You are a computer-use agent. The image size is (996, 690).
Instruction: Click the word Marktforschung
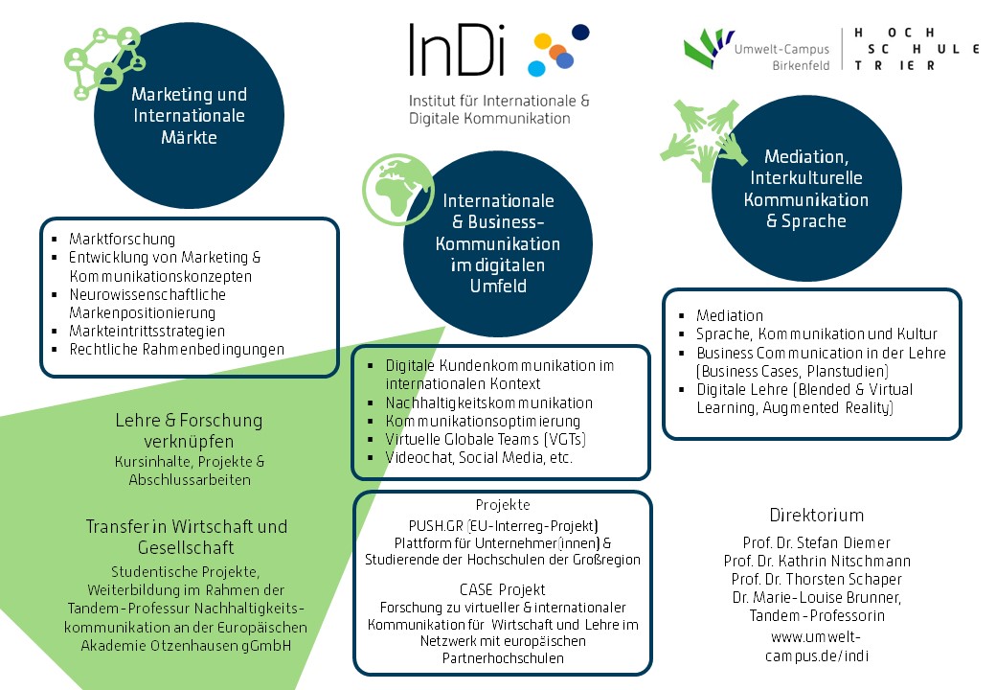122,239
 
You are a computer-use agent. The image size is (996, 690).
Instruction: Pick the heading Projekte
503,505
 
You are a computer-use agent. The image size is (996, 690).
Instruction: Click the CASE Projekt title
503,588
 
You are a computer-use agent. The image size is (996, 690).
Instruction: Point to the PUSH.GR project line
503,525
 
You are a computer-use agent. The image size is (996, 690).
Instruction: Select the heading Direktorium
817,515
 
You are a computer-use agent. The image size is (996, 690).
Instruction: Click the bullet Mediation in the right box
730,315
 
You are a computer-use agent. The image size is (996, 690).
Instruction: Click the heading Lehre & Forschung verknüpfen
189,430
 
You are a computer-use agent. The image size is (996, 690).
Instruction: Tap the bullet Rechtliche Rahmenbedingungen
176,349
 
